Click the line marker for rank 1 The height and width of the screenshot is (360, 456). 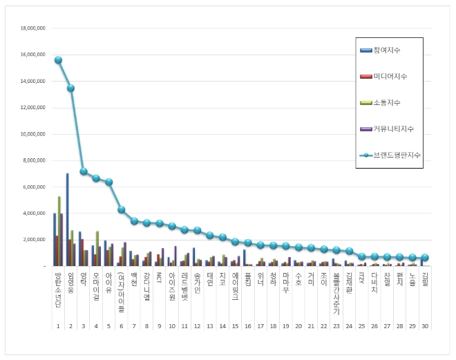click(x=58, y=60)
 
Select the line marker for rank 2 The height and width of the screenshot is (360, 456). click(x=70, y=88)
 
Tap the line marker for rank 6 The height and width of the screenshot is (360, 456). click(x=121, y=209)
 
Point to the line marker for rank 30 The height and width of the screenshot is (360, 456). click(x=425, y=257)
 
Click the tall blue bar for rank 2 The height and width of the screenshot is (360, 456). click(x=67, y=219)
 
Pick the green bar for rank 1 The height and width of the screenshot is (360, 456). click(x=59, y=231)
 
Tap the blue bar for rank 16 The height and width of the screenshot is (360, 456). click(x=244, y=257)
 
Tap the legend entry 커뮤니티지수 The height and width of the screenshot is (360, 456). click(x=391, y=128)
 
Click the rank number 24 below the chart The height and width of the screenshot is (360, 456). click(x=349, y=325)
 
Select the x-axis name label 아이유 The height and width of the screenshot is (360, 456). click(x=108, y=280)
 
